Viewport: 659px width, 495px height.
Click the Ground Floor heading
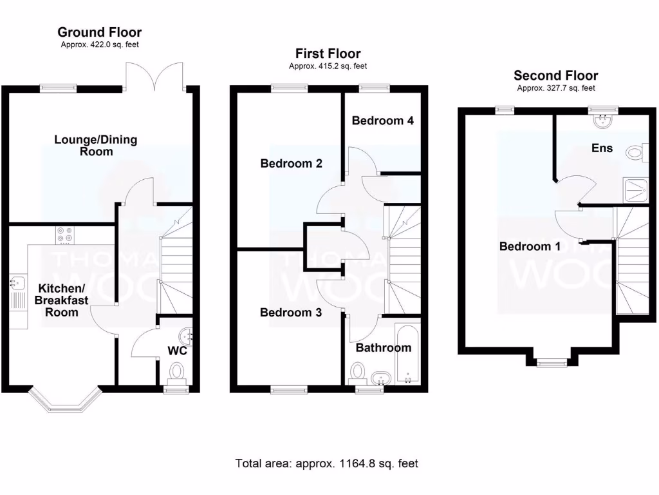click(x=99, y=32)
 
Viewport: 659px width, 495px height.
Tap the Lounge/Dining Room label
click(x=96, y=146)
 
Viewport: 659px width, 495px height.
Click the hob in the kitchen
click(x=64, y=236)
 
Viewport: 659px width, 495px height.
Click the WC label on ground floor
click(x=177, y=351)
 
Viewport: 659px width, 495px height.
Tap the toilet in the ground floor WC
click(x=176, y=372)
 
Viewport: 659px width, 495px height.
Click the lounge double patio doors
click(x=155, y=76)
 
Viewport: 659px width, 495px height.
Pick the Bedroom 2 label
click(x=291, y=164)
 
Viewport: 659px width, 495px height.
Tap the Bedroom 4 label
click(x=382, y=121)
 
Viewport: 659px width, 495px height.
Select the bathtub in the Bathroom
click(x=407, y=355)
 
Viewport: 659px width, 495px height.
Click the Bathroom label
click(x=383, y=348)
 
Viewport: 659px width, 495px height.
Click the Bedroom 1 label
click(x=530, y=246)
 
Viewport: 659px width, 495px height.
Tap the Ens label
click(x=602, y=148)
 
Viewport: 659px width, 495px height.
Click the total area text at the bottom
click(x=327, y=463)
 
